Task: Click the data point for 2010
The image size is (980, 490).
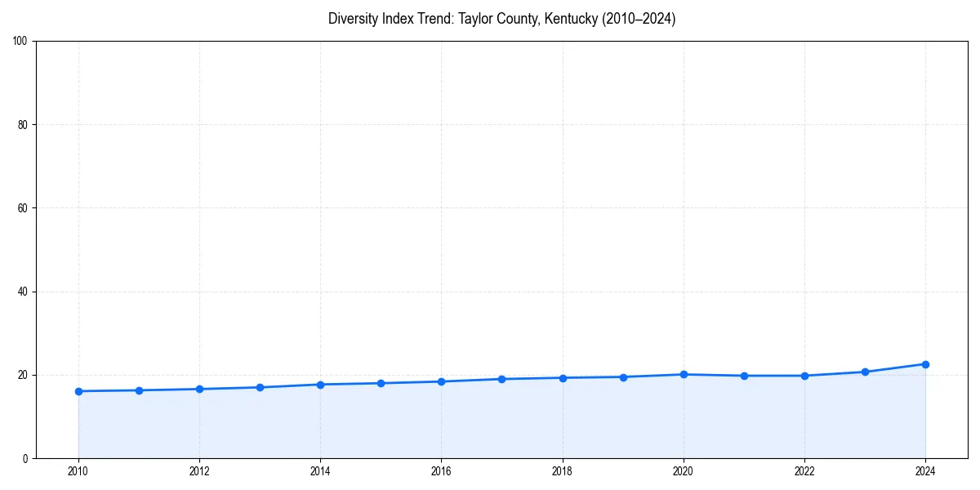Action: (x=78, y=391)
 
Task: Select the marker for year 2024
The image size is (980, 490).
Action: (x=925, y=364)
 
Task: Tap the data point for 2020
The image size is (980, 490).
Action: (x=684, y=374)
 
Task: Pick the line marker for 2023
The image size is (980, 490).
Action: (x=865, y=372)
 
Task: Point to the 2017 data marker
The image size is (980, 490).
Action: (x=501, y=379)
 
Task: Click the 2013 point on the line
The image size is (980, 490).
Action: (x=260, y=387)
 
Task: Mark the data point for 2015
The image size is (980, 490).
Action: (x=381, y=383)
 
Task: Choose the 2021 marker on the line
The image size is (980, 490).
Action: (x=744, y=376)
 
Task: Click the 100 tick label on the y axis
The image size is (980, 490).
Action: (x=20, y=41)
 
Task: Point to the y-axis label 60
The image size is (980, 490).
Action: (x=23, y=208)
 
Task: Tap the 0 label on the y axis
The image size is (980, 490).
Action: (x=25, y=458)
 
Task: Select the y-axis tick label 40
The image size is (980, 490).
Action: (x=23, y=292)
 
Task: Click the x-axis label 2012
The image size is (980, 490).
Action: (x=199, y=471)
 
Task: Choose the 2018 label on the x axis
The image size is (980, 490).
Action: (x=562, y=471)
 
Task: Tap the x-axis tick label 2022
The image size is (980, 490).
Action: (x=804, y=471)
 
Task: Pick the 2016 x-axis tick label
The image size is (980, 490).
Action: (x=441, y=471)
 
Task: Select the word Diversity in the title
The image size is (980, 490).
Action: (x=352, y=19)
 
